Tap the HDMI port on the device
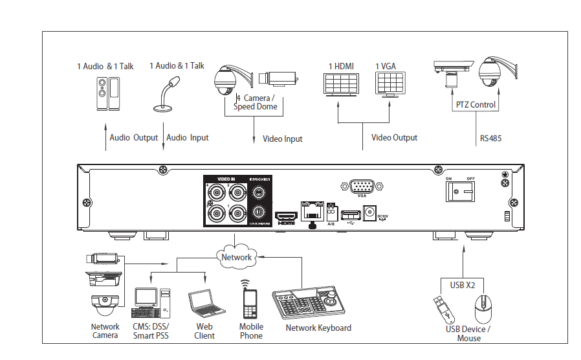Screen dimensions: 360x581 click(286, 216)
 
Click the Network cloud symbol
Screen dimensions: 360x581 click(236, 256)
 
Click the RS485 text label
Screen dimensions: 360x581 click(490, 138)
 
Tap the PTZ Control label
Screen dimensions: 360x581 click(476, 105)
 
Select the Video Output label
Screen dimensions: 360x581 click(394, 138)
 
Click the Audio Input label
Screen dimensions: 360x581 click(188, 138)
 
